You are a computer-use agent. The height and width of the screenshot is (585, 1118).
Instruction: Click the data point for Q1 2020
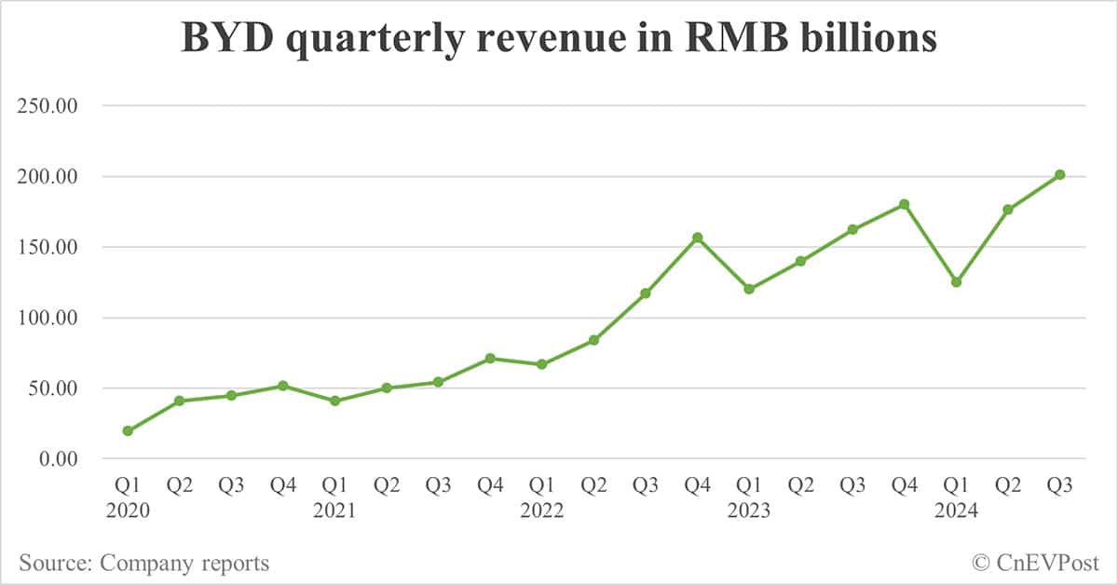[128, 431]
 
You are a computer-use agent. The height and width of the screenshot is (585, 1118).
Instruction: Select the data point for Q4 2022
[697, 238]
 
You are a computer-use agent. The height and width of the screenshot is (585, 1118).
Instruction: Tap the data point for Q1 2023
[749, 289]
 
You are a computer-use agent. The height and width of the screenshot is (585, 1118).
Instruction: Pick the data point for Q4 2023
[904, 204]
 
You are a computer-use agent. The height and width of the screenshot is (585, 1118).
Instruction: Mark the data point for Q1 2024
[956, 282]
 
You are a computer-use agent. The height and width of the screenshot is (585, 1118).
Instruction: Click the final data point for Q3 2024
[1059, 174]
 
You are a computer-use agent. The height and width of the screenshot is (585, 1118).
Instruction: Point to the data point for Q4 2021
[490, 359]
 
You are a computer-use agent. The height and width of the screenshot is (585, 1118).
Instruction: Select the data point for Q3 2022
[646, 293]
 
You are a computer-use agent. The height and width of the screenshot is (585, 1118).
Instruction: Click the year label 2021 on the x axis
[334, 510]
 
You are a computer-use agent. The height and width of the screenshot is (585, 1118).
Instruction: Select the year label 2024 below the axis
[956, 510]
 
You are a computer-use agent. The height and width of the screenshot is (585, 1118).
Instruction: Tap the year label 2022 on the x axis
[541, 510]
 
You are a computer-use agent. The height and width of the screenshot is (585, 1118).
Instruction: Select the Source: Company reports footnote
[143, 563]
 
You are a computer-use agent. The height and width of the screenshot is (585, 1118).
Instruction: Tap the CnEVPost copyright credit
[1035, 563]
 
